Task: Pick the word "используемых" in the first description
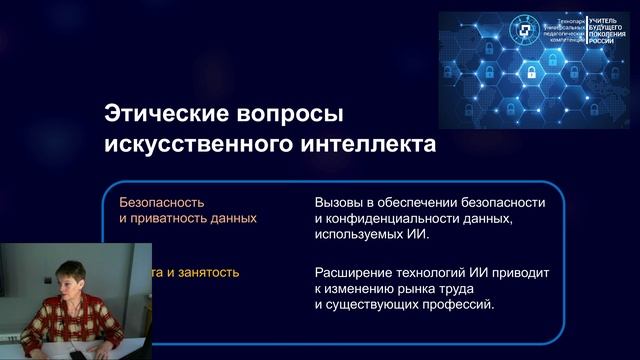point(358,234)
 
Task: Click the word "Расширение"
point(354,271)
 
